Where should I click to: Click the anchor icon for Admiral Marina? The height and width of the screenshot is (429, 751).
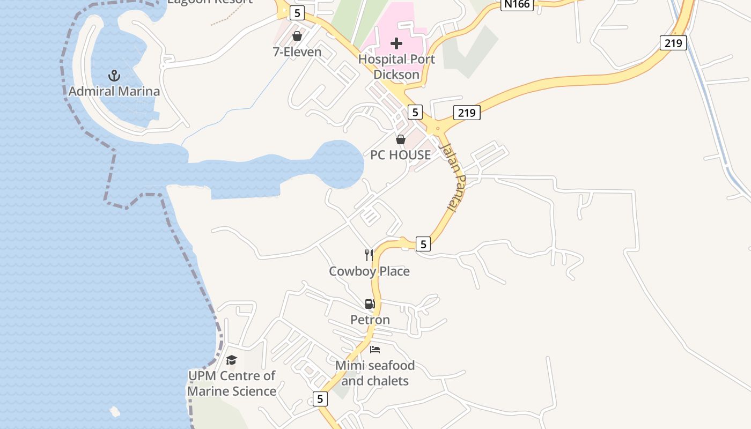pyautogui.click(x=114, y=76)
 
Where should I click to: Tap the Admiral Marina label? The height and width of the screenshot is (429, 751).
pyautogui.click(x=114, y=91)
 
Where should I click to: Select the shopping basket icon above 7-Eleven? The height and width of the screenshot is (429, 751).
pyautogui.click(x=297, y=36)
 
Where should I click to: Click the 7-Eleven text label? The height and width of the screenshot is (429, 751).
pyautogui.click(x=297, y=52)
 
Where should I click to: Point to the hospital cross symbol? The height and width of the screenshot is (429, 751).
pyautogui.click(x=396, y=43)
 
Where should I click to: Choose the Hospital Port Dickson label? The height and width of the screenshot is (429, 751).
pyautogui.click(x=396, y=66)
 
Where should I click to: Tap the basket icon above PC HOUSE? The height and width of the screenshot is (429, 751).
pyautogui.click(x=400, y=139)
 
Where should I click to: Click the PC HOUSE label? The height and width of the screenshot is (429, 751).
pyautogui.click(x=400, y=155)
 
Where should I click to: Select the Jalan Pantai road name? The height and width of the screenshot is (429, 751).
pyautogui.click(x=452, y=177)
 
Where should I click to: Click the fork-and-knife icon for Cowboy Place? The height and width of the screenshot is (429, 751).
pyautogui.click(x=369, y=255)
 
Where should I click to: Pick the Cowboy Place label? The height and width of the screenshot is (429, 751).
pyautogui.click(x=369, y=271)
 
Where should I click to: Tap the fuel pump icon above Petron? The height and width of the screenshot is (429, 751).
pyautogui.click(x=370, y=304)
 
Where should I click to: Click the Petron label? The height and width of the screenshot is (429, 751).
pyautogui.click(x=370, y=320)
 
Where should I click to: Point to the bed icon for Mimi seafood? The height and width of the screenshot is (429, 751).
pyautogui.click(x=375, y=350)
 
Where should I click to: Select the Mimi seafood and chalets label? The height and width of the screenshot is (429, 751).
pyautogui.click(x=375, y=373)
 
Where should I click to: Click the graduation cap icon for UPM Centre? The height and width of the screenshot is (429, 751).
pyautogui.click(x=231, y=360)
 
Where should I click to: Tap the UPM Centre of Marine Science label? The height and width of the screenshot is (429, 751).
pyautogui.click(x=232, y=383)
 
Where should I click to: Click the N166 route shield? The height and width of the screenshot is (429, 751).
pyautogui.click(x=517, y=4)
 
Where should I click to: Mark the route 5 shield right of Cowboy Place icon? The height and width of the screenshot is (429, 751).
pyautogui.click(x=423, y=244)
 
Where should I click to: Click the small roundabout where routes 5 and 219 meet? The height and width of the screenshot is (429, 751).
pyautogui.click(x=438, y=128)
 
